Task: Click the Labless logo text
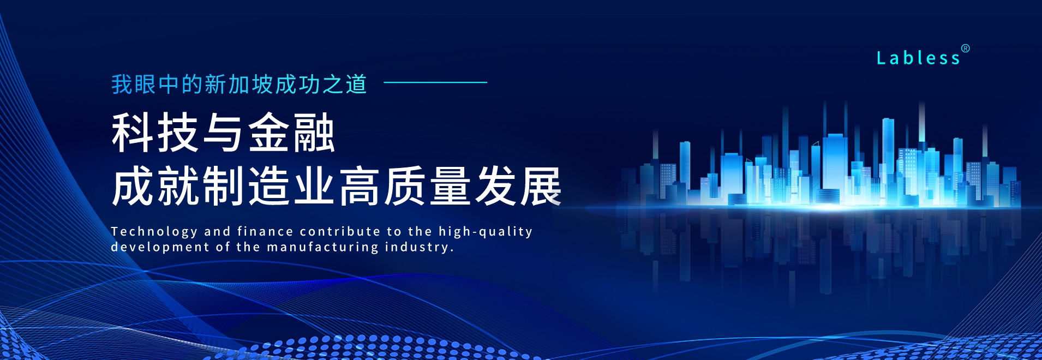point(918,58)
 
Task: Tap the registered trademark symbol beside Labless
point(965,49)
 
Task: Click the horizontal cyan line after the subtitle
point(435,82)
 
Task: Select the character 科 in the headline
point(133,133)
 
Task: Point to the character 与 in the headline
point(223,133)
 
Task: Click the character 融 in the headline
point(314,133)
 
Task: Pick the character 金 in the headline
point(268,133)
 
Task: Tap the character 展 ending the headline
point(541,186)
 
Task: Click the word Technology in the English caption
point(154,232)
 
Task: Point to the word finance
point(265,231)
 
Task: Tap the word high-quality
point(486,232)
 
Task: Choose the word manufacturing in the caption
point(322,247)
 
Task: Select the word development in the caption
point(160,248)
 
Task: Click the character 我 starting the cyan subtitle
point(122,85)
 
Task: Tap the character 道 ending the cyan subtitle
point(356,85)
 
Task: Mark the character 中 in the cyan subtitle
point(169,85)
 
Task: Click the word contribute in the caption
point(340,231)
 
